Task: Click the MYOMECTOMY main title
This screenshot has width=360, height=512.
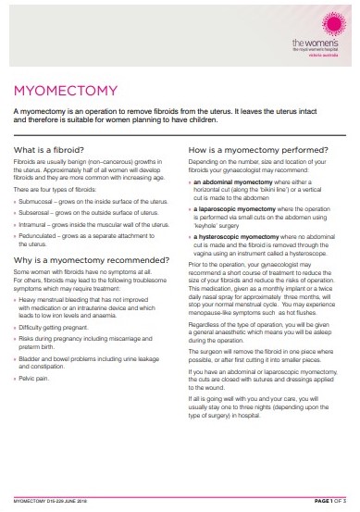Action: point(64,91)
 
